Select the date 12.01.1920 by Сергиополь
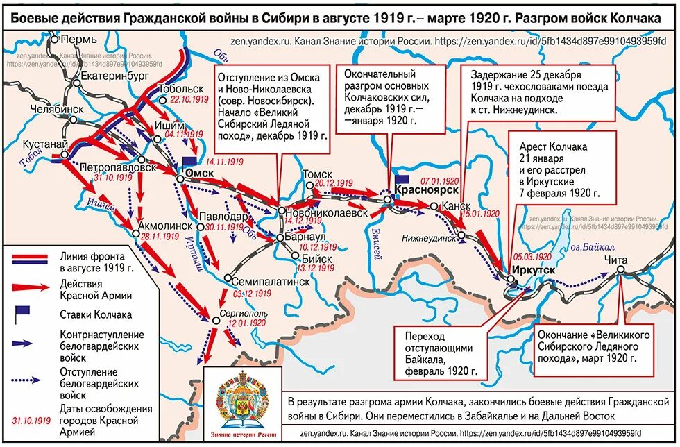[x=246, y=323]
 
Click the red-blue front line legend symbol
[x=29, y=258]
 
